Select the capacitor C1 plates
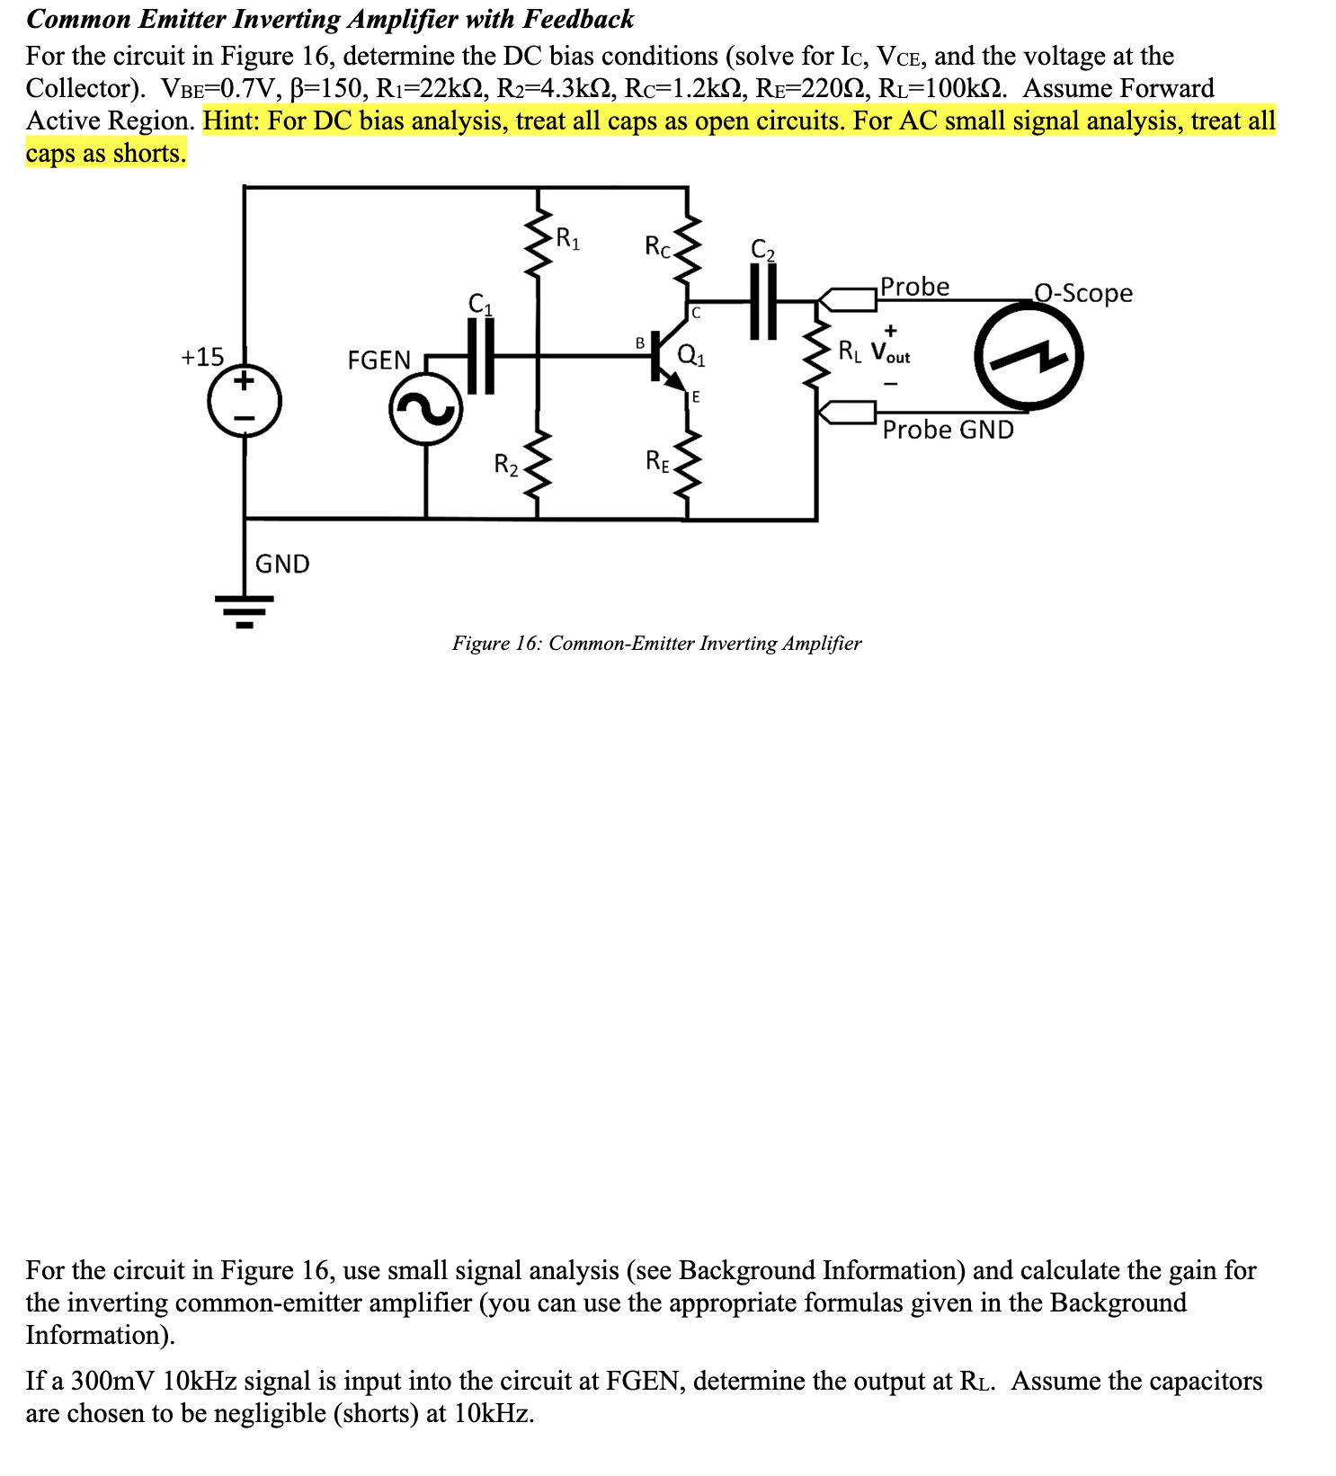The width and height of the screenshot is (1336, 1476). [481, 356]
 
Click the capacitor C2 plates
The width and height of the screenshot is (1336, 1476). [763, 301]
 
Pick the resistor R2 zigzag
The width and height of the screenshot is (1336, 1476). [538, 465]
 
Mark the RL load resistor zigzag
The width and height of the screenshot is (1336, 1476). [816, 354]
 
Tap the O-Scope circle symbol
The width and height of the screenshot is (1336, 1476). [1029, 357]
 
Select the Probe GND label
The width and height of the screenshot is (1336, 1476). [948, 430]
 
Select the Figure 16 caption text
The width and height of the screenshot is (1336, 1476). [656, 644]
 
